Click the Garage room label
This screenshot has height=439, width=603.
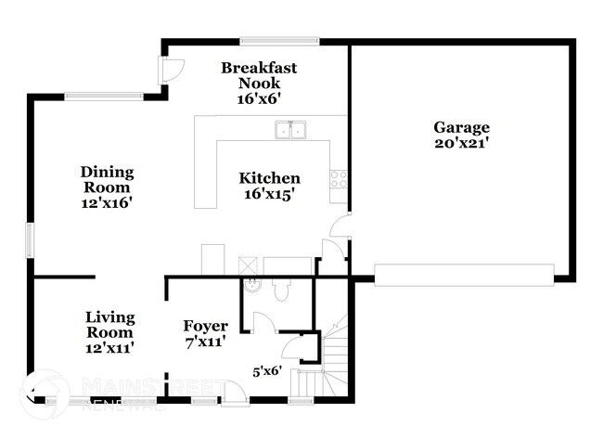tap(461, 127)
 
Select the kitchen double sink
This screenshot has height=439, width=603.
tap(291, 130)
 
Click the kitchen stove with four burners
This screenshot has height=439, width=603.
tap(339, 178)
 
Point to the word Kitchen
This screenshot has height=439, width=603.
tap(269, 178)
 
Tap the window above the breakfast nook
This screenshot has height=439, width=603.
tap(279, 40)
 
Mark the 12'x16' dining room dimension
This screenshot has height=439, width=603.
tap(107, 201)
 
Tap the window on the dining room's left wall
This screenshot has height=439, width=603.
tap(30, 240)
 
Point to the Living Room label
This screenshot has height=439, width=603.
tap(109, 324)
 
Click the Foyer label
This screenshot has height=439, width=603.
tap(205, 325)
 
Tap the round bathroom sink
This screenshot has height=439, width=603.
tap(250, 285)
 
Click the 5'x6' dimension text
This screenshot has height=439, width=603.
tap(270, 371)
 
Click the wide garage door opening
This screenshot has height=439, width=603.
tap(464, 274)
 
